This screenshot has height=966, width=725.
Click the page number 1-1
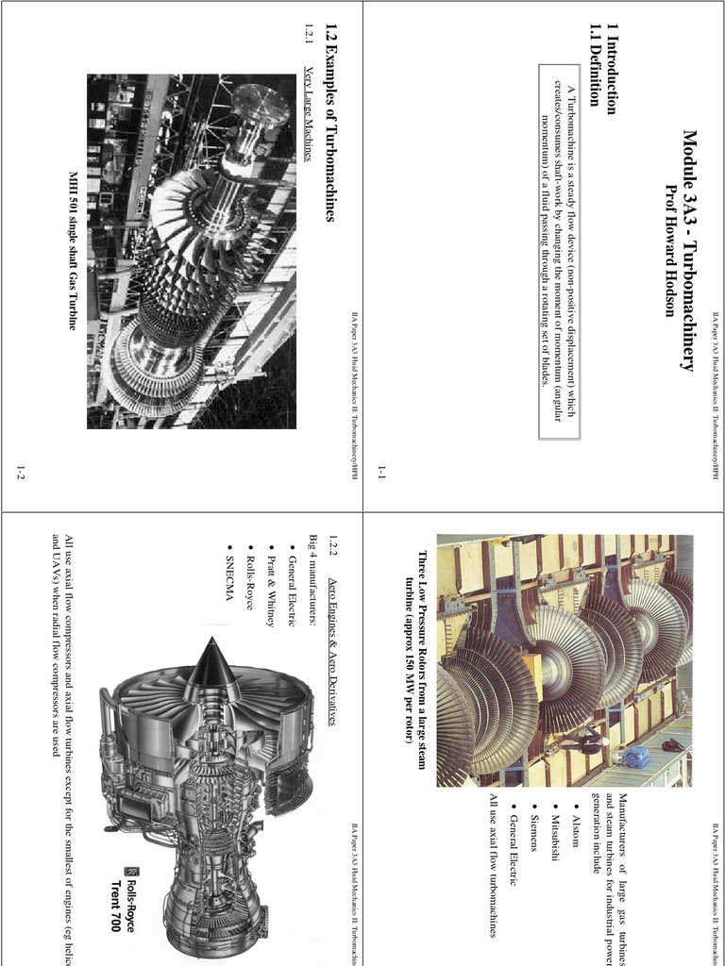pos(382,471)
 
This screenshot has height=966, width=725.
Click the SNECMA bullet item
pos(229,572)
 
